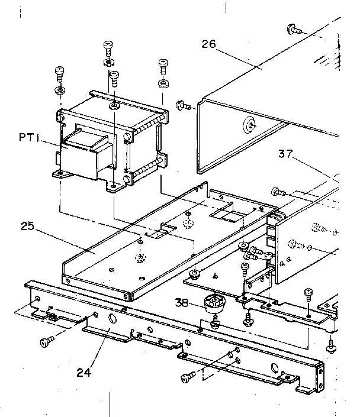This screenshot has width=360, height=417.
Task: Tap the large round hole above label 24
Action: (111, 319)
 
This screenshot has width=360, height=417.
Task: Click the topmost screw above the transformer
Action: (108, 46)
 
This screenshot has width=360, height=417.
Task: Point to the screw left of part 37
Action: (277, 191)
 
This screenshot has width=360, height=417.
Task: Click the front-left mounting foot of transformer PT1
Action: (59, 174)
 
